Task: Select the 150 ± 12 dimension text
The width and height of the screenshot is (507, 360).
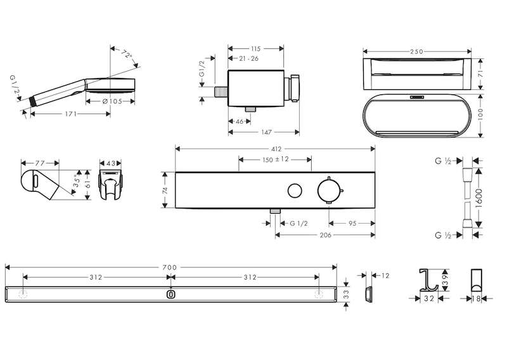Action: pyautogui.click(x=276, y=159)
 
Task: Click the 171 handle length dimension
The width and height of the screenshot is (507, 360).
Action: pyautogui.click(x=70, y=114)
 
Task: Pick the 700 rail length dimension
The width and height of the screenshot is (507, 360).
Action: pyautogui.click(x=169, y=267)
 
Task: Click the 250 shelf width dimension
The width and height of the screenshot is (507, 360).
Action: pyautogui.click(x=418, y=50)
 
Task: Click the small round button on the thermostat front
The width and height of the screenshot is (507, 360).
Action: pyautogui.click(x=294, y=190)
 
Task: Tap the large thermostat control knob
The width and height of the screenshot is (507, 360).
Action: pyautogui.click(x=330, y=190)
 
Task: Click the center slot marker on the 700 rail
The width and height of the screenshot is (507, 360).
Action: pyautogui.click(x=170, y=294)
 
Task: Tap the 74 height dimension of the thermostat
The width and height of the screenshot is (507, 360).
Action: pyautogui.click(x=165, y=190)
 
